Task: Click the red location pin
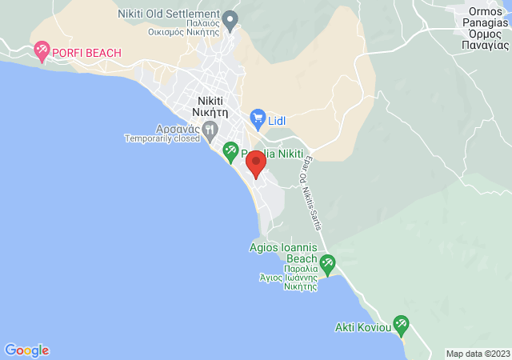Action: tap(255, 162)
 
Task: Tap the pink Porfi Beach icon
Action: tap(42, 53)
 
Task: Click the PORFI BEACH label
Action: tap(87, 53)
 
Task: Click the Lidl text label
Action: tap(277, 120)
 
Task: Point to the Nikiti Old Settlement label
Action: tap(168, 14)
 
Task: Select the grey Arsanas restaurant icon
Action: tap(210, 128)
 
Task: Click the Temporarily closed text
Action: tap(162, 138)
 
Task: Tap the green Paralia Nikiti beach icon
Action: tap(230, 150)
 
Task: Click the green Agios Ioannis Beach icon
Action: tap(326, 262)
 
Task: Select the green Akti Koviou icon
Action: tap(401, 325)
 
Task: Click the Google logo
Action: tap(26, 350)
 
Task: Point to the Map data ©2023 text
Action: tap(477, 354)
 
